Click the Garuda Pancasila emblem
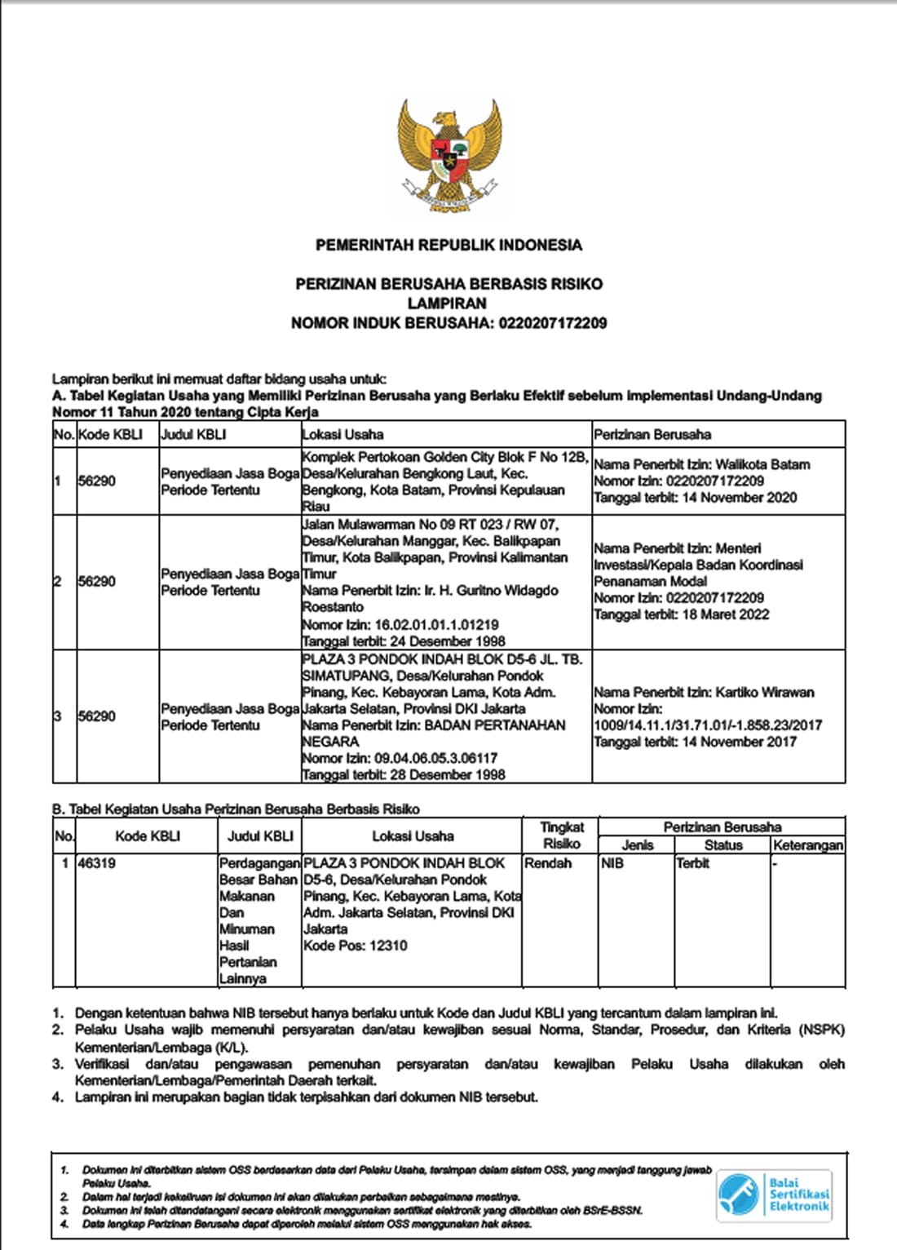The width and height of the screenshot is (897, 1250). (449, 155)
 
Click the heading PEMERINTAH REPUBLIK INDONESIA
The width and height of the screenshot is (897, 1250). (448, 245)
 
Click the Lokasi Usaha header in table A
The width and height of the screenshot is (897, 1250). (342, 435)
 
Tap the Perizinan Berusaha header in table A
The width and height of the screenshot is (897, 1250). (652, 435)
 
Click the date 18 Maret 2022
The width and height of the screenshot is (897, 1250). (726, 614)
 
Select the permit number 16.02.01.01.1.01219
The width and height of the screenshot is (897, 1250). (436, 624)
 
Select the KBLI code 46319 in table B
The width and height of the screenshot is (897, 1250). (97, 863)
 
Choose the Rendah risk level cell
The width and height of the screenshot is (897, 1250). (548, 863)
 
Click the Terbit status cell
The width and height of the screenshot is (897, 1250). (693, 863)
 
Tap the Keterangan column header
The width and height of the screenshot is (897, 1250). (807, 845)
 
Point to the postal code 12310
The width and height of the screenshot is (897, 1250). (388, 946)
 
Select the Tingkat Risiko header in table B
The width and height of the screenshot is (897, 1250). (561, 836)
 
